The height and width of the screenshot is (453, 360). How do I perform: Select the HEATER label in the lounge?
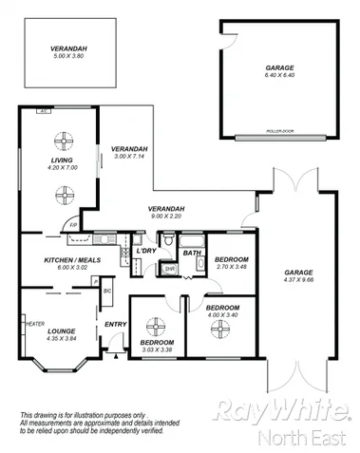point(35,323)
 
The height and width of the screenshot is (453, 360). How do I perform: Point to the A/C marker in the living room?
point(42,111)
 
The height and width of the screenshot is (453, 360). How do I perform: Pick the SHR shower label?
point(170,270)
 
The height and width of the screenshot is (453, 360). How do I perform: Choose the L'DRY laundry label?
point(146,251)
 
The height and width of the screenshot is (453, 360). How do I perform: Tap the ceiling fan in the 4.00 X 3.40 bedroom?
point(221,329)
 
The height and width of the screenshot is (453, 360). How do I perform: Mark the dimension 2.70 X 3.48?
point(231,267)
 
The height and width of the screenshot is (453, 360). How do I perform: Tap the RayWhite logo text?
point(277,410)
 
